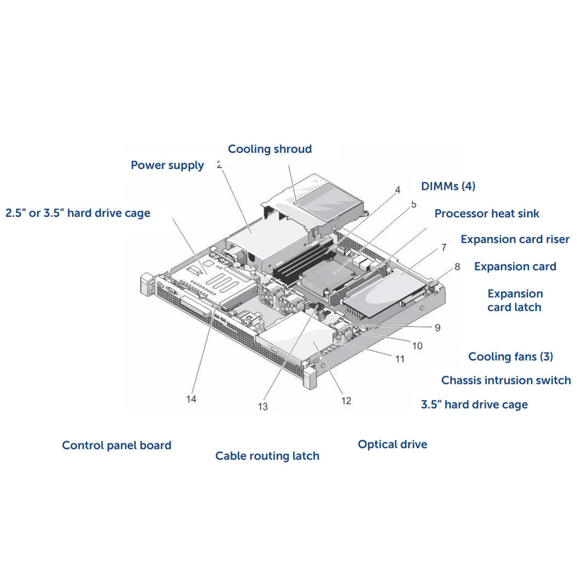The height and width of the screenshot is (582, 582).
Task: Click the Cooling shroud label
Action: (x=269, y=149)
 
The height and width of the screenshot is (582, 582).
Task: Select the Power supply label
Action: (x=167, y=165)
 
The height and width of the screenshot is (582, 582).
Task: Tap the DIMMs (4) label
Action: (x=448, y=186)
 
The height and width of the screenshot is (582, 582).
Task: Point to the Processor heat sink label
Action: (x=487, y=213)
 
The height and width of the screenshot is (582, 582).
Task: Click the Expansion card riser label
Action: (x=515, y=239)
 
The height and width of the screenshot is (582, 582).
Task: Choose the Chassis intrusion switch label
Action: (x=505, y=380)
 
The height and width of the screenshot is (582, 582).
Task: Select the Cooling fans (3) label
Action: (x=510, y=357)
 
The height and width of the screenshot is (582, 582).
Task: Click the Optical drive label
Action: (x=392, y=445)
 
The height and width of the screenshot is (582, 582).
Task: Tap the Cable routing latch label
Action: (x=267, y=456)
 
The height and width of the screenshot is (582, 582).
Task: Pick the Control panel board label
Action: (x=116, y=446)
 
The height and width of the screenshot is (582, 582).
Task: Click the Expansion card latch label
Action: (x=515, y=301)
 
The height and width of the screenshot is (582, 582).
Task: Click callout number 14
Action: (x=191, y=399)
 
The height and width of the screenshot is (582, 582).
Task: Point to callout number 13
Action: (x=262, y=407)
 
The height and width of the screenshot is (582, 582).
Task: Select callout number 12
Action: (x=345, y=400)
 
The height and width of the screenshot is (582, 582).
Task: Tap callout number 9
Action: (x=437, y=327)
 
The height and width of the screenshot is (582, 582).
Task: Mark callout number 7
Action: (x=443, y=248)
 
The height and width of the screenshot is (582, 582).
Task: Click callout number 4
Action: (x=397, y=190)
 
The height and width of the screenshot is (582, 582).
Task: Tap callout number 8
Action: (x=457, y=266)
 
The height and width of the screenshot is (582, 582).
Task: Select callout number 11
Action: (x=399, y=359)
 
